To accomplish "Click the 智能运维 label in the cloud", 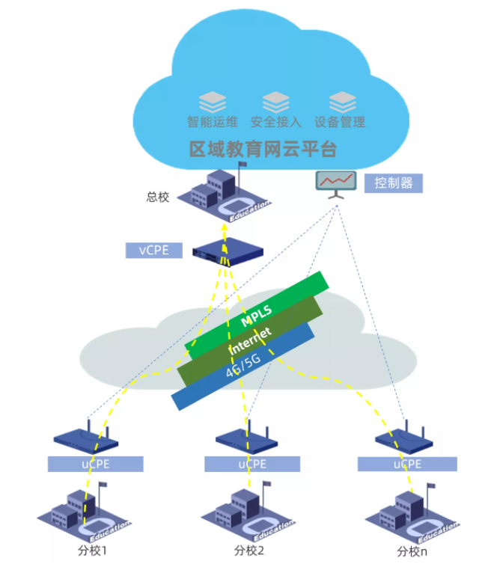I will coord(213,122).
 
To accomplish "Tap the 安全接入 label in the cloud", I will coord(276,122).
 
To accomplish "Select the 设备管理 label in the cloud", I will coord(340,122).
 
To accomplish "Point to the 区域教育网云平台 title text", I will coord(263,150).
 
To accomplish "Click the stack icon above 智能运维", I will coord(212,100).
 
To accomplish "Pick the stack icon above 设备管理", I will coord(342,100).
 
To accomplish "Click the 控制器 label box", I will coord(393,183).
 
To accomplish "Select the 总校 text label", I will coord(158,197).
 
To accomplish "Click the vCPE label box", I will coord(153,250).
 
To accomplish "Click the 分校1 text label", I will coord(94,551).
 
